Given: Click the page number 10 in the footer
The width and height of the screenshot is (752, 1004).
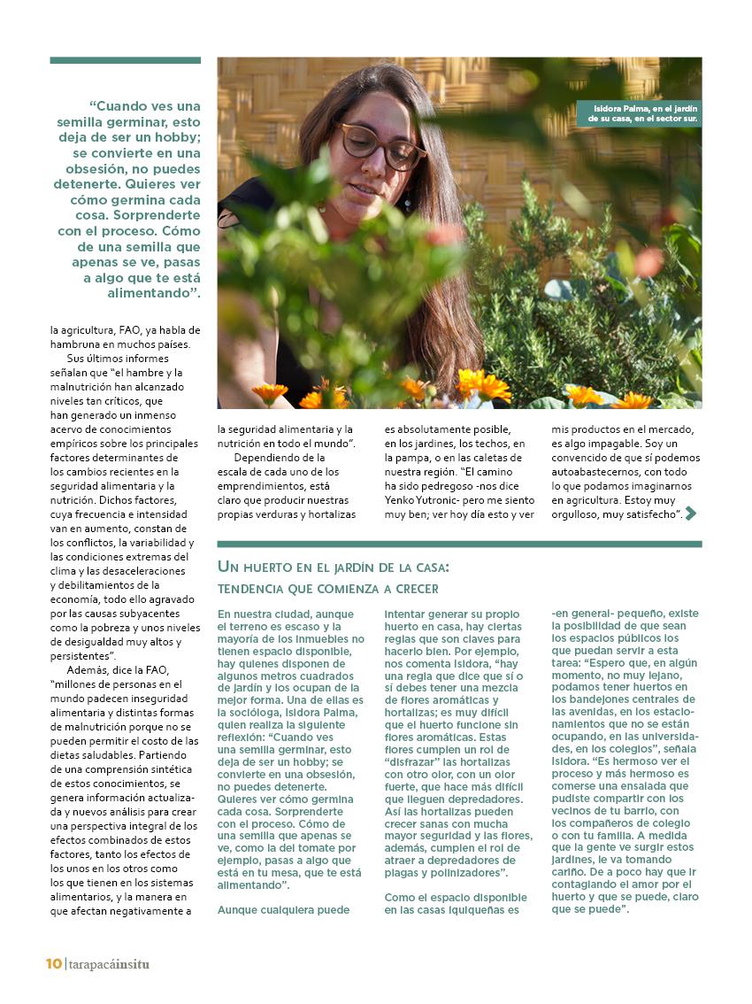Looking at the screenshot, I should (54, 964).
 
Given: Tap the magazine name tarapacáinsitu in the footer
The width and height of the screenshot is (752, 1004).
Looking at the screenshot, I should (109, 964).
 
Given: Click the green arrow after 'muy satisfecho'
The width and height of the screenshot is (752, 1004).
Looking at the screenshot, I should (691, 514).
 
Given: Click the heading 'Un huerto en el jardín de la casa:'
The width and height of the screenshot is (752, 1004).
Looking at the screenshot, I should (334, 566).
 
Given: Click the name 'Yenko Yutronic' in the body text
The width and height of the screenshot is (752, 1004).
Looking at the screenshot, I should (423, 499).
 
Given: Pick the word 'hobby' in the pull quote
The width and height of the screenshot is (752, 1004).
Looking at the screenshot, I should (176, 138).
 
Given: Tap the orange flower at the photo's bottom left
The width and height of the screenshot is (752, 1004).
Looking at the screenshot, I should (269, 391).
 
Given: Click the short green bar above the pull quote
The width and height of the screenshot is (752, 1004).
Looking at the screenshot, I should (125, 60).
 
